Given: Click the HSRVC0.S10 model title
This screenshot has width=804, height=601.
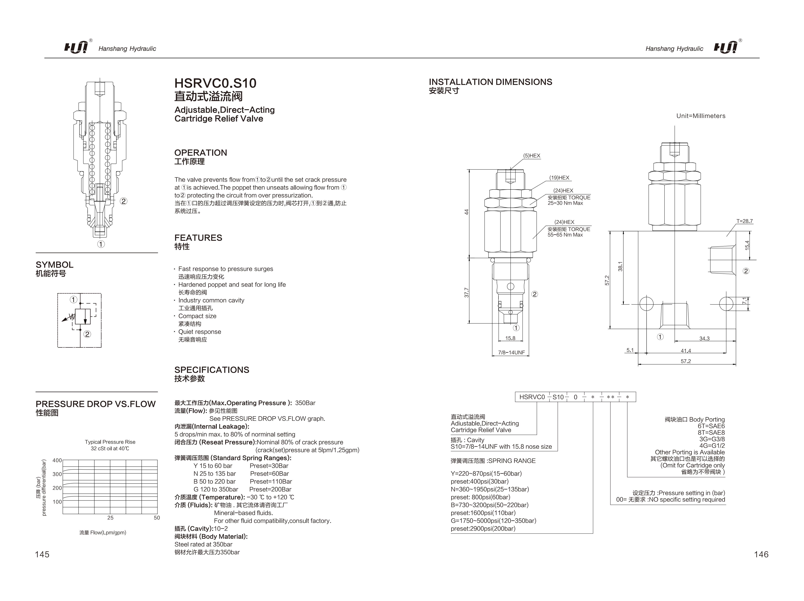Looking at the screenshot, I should pos(215,83).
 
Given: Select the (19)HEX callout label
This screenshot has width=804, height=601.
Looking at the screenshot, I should pos(559,178).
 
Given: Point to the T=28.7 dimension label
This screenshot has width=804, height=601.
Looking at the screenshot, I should pos(744,221).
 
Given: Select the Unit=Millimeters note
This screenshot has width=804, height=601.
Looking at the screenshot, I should pos(700,116).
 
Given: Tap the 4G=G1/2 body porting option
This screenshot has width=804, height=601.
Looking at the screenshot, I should pos(712,445).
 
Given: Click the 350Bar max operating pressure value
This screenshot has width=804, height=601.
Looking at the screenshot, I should pos(305,403).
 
